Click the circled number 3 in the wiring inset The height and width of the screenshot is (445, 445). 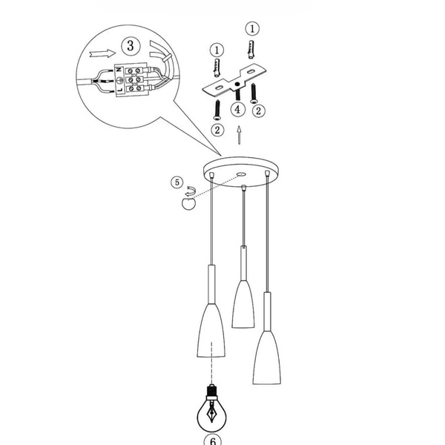click(x=131, y=46)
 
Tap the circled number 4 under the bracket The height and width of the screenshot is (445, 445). click(x=237, y=110)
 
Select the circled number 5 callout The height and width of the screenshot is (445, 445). click(x=177, y=182)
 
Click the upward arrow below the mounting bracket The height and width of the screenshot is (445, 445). click(x=238, y=136)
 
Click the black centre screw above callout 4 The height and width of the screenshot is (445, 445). click(x=237, y=95)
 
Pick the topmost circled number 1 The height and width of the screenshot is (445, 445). click(x=252, y=29)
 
